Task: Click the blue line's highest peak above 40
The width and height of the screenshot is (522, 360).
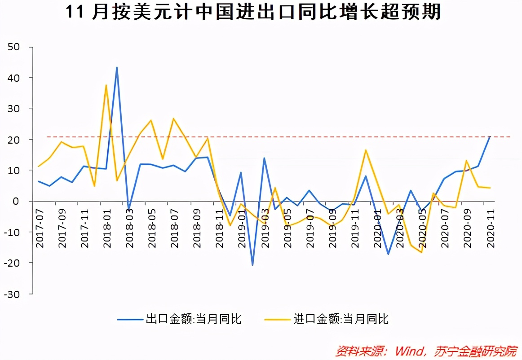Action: (117, 68)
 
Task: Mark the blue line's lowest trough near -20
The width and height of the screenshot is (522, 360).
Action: (252, 265)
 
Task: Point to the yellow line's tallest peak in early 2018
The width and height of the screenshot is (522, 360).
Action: (106, 85)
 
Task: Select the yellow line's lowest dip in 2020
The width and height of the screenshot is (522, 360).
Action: (421, 252)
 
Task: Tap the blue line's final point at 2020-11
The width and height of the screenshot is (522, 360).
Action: (490, 136)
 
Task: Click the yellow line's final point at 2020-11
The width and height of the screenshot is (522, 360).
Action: (490, 188)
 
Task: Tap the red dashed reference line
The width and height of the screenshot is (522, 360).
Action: (314, 137)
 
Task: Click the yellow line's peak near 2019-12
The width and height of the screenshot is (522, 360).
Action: (366, 150)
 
